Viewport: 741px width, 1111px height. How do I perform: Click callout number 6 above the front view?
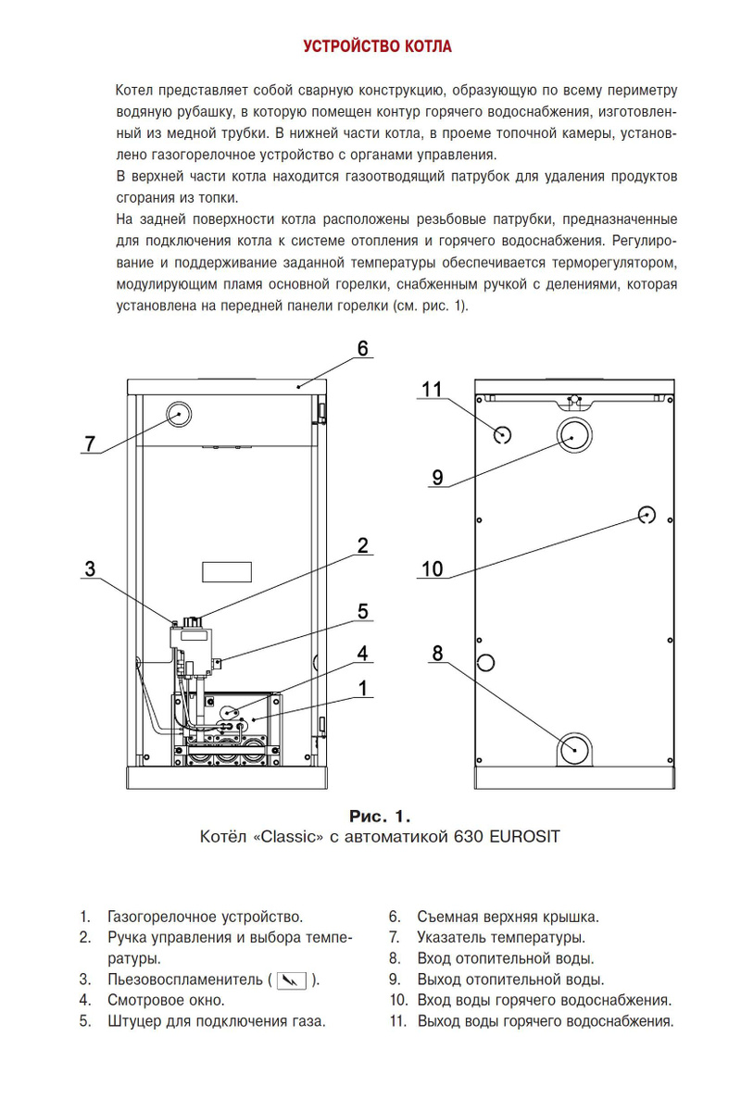tap(363, 348)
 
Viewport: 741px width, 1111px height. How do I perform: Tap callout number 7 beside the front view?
tap(90, 444)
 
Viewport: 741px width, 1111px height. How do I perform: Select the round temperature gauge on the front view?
tap(180, 413)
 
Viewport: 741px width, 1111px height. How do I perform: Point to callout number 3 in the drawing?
tap(89, 569)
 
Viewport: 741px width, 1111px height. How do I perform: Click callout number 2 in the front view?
tap(363, 545)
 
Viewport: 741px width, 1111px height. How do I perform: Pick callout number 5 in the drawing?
tap(363, 611)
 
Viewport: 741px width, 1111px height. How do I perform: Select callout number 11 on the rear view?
tap(433, 389)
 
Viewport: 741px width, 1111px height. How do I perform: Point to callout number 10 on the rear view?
tap(433, 568)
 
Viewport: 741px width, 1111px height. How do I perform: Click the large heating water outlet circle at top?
tap(575, 432)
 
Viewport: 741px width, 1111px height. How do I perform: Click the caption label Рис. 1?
tap(379, 817)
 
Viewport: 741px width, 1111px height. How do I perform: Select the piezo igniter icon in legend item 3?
tap(292, 980)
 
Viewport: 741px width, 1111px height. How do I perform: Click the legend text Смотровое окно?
tap(166, 1001)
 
